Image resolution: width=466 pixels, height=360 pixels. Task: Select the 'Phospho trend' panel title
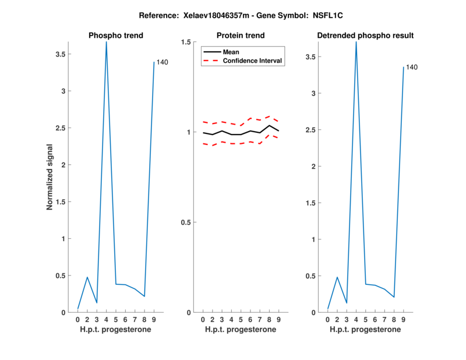(x=116, y=36)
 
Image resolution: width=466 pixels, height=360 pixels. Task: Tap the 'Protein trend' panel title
(x=241, y=36)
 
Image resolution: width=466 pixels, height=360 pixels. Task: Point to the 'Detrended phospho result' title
(x=365, y=36)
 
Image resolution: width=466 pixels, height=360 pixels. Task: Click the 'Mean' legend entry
(x=231, y=52)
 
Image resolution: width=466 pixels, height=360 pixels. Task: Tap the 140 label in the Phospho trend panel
(x=163, y=62)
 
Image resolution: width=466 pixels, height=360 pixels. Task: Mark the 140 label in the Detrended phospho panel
(x=412, y=68)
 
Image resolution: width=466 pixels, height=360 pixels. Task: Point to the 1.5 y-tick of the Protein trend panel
(x=186, y=42)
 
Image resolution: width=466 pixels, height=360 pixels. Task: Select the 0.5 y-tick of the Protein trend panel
(x=186, y=223)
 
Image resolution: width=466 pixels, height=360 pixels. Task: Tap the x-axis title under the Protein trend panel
(x=241, y=330)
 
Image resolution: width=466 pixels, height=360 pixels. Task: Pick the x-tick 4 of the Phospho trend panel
(x=106, y=319)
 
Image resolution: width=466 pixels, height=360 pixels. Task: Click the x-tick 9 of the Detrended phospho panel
(x=403, y=319)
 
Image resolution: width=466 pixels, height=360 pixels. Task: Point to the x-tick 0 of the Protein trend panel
(x=203, y=319)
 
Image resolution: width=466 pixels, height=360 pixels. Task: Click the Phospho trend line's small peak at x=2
(x=87, y=277)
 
